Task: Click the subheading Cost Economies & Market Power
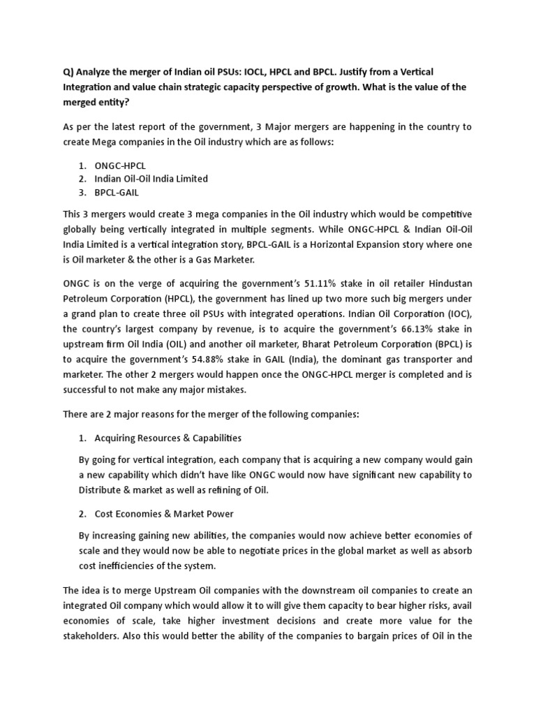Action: pos(165,514)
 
